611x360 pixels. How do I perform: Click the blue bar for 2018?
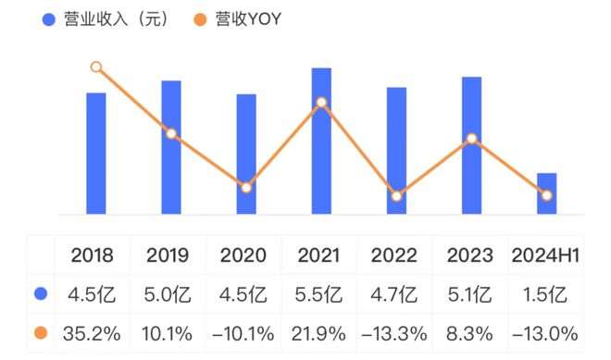[96, 154]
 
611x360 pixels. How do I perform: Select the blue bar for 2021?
[321, 141]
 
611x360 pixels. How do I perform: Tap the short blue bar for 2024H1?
[547, 193]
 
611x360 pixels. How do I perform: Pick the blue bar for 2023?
[471, 145]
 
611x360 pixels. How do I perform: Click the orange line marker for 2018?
[96, 67]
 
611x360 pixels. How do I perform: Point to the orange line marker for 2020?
[246, 188]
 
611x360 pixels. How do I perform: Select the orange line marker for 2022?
[396, 196]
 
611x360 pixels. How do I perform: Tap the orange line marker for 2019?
[171, 134]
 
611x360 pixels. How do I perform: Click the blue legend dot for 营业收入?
[49, 19]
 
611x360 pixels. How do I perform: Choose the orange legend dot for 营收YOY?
[200, 19]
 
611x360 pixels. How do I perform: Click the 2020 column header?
[243, 255]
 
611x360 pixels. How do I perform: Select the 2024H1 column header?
[545, 255]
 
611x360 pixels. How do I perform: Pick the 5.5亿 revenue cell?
[318, 294]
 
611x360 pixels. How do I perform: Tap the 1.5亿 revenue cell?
[544, 294]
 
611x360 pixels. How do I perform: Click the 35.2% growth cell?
[92, 334]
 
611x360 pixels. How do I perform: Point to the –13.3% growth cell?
[394, 334]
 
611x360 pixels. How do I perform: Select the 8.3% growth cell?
[469, 334]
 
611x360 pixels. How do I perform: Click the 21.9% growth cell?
[318, 334]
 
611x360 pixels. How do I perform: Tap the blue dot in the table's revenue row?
[41, 293]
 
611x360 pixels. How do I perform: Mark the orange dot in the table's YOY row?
[41, 333]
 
